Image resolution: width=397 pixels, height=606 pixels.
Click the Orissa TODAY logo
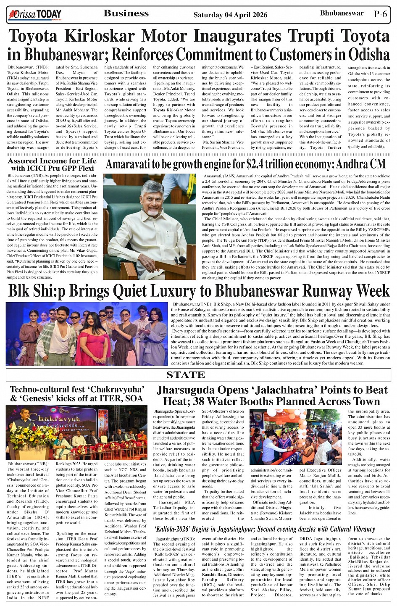(x=35, y=15)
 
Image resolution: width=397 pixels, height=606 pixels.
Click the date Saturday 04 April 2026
(x=230, y=15)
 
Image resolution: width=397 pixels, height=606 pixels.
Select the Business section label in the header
(x=126, y=13)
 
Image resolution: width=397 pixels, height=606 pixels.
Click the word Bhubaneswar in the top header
(x=342, y=13)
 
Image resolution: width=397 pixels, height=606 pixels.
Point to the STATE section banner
(x=186, y=375)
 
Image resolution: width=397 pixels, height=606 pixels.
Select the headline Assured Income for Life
(x=52, y=161)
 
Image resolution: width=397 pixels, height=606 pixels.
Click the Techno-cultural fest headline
(x=76, y=394)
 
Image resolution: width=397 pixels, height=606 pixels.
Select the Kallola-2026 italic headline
(x=265, y=529)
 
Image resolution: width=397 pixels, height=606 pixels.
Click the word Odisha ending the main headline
(x=368, y=55)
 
